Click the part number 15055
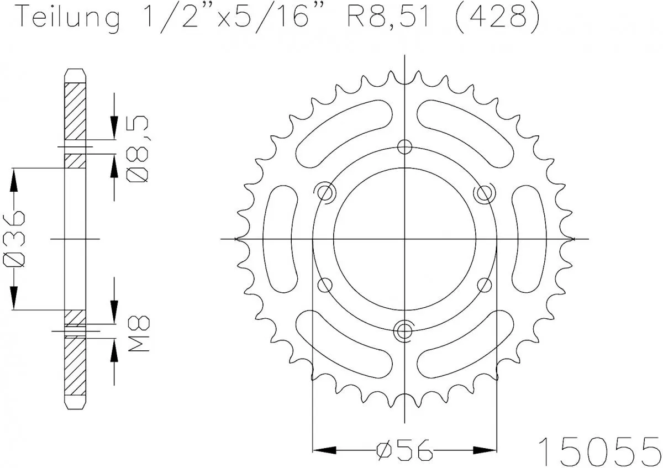click(599, 449)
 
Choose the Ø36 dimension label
click(15, 239)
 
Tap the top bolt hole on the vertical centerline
click(405, 146)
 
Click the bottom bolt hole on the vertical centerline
click(405, 330)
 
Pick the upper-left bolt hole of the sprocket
click(325, 193)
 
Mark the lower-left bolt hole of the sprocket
click(325, 285)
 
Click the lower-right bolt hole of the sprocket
click(485, 285)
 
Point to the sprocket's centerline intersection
click(405, 239)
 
